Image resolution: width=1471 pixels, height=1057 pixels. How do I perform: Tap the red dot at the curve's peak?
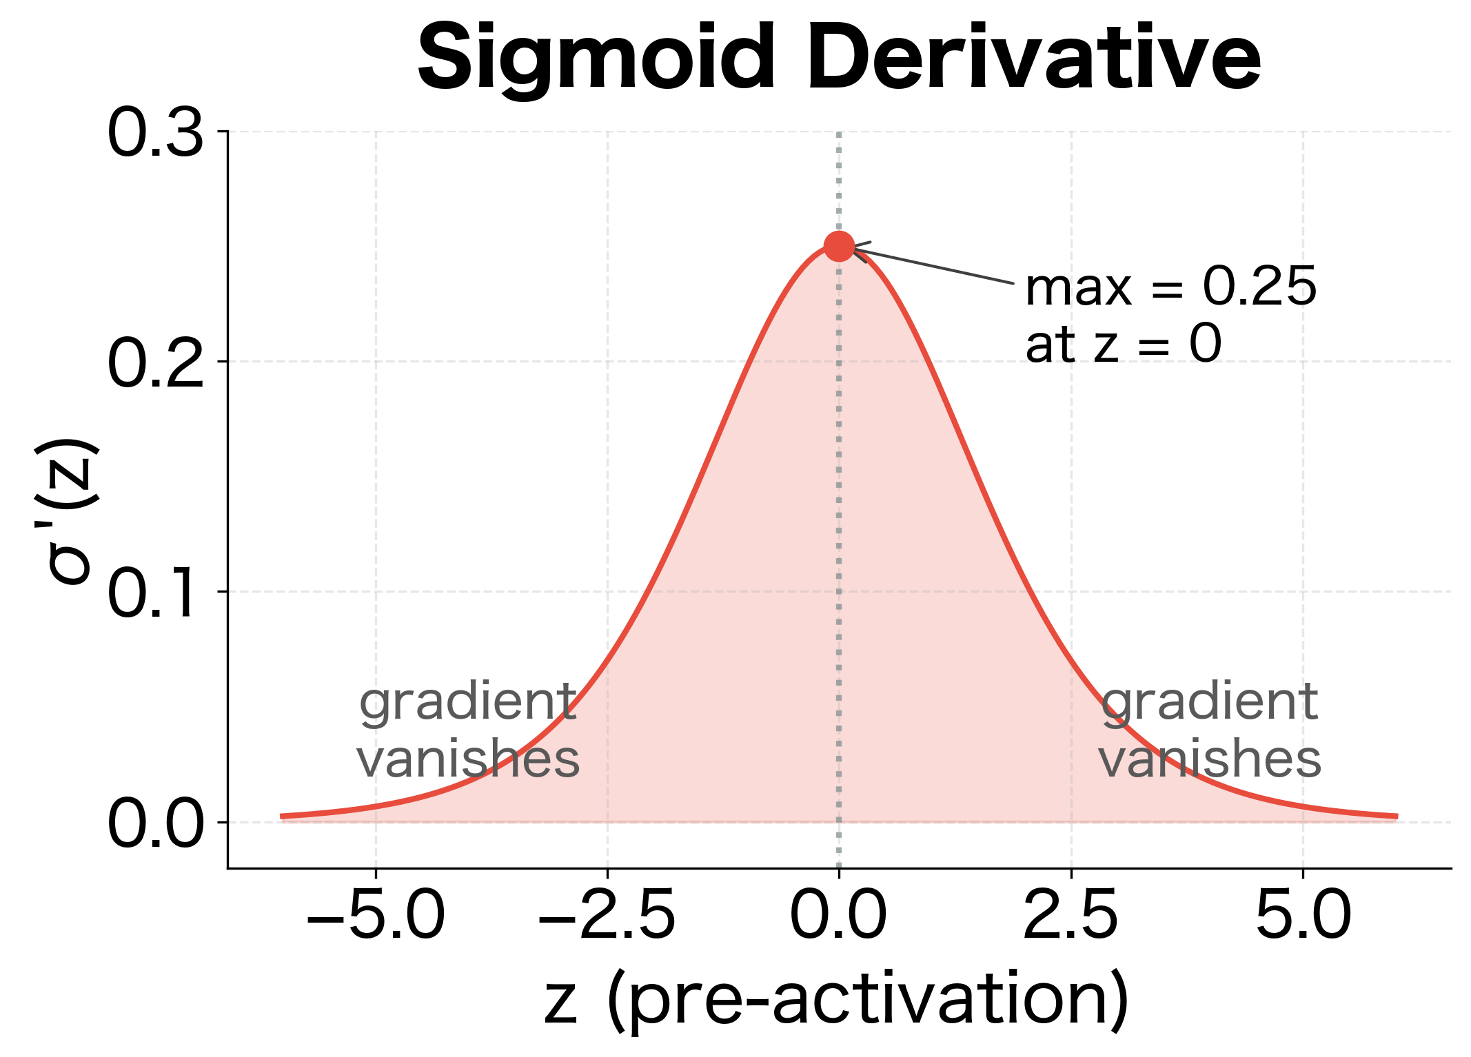(839, 246)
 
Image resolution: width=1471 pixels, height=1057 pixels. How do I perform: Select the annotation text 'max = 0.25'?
(1170, 287)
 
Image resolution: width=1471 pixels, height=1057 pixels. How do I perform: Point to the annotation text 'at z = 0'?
(1123, 344)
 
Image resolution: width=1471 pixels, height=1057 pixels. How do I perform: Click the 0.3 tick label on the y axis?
(155, 134)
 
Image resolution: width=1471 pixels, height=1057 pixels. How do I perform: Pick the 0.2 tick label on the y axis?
(155, 364)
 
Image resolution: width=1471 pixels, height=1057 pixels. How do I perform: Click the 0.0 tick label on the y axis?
(155, 824)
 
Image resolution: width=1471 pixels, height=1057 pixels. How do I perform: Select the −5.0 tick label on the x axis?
(376, 916)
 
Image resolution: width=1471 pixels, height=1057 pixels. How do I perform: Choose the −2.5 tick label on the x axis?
(607, 916)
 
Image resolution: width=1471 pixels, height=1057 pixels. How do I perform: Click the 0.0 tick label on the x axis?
(838, 916)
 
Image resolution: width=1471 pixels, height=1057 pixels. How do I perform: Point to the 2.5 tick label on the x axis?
(1071, 916)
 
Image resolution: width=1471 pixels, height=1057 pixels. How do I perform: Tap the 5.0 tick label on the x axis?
(1303, 916)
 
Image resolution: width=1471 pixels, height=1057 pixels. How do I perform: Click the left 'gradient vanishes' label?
(469, 730)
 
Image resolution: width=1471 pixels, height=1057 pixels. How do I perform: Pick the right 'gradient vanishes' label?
(1210, 730)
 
